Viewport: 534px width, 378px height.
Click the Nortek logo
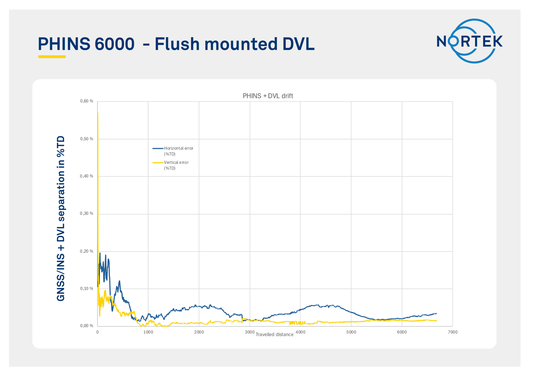470,41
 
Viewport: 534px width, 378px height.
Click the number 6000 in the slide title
114,44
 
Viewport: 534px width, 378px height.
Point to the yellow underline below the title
52,57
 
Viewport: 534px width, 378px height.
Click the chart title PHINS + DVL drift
268,96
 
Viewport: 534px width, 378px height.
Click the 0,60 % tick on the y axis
87,101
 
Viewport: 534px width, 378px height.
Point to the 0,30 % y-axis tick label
87,213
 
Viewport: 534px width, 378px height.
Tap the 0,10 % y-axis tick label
87,288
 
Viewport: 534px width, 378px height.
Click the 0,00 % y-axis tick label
87,326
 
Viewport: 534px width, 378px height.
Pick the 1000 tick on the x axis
148,332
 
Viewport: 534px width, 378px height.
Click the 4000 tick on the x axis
300,332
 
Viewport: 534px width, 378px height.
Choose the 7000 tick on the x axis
452,332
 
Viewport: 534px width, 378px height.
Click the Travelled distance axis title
274,335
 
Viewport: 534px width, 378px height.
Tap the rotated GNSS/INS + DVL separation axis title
61,218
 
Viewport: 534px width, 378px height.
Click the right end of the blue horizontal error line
436,313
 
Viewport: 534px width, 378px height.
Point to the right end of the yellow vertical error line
436,321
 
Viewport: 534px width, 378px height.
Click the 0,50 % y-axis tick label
87,139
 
